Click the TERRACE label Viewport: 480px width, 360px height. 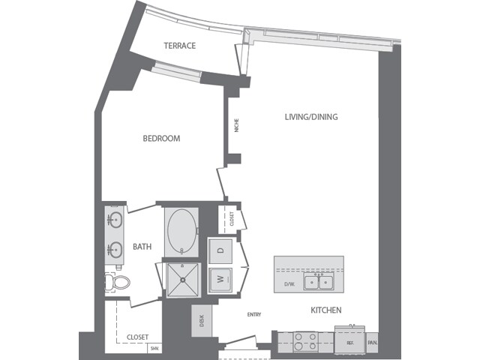pyautogui.click(x=179, y=46)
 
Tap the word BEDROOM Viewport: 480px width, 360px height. pyautogui.click(x=161, y=138)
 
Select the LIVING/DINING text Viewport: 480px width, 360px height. pyautogui.click(x=311, y=117)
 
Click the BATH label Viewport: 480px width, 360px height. pyautogui.click(x=142, y=246)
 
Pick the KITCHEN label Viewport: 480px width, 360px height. pyautogui.click(x=326, y=310)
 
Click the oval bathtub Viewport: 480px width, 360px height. pyautogui.click(x=181, y=232)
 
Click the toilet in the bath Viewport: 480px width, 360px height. pyautogui.click(x=117, y=282)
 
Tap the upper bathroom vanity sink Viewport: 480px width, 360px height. pyautogui.click(x=115, y=220)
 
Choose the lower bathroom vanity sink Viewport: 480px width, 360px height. pyautogui.click(x=115, y=248)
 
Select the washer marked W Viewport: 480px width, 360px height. pyautogui.click(x=220, y=279)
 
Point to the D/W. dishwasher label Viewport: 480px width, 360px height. pyautogui.click(x=289, y=283)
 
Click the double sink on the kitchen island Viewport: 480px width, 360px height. pyautogui.click(x=319, y=282)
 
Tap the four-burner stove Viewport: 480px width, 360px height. pyautogui.click(x=306, y=342)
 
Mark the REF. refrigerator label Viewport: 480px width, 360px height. pyautogui.click(x=349, y=343)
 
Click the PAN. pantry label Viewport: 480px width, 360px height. pyautogui.click(x=372, y=343)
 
